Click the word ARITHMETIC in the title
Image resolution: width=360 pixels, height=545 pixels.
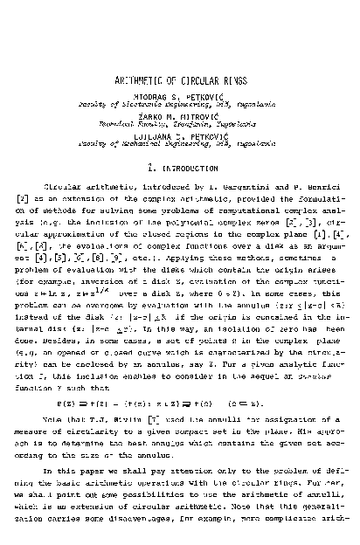[x=142, y=79]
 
